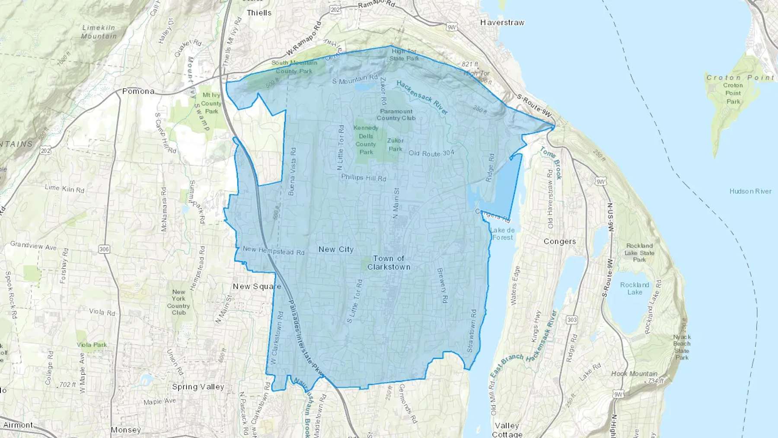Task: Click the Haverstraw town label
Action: pyautogui.click(x=502, y=22)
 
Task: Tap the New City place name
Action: pyautogui.click(x=336, y=249)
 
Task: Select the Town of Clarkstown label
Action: pyautogui.click(x=389, y=263)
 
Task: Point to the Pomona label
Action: pyautogui.click(x=138, y=91)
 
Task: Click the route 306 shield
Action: pyautogui.click(x=104, y=249)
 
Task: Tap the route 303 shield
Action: pyautogui.click(x=572, y=320)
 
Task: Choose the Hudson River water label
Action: pyautogui.click(x=750, y=191)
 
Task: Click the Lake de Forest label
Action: pyautogui.click(x=503, y=234)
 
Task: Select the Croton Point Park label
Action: pyautogui.click(x=733, y=93)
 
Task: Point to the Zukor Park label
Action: pyautogui.click(x=395, y=144)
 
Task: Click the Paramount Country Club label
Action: pyautogui.click(x=396, y=115)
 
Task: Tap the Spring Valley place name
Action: pyautogui.click(x=198, y=387)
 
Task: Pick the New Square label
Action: pyautogui.click(x=257, y=286)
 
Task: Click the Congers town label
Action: pyautogui.click(x=560, y=241)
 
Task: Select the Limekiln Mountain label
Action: pyautogui.click(x=99, y=32)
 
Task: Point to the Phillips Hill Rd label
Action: pyautogui.click(x=363, y=178)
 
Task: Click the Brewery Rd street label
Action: pyautogui.click(x=442, y=286)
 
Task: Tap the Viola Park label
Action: pyautogui.click(x=92, y=345)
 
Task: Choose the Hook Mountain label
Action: pyautogui.click(x=634, y=374)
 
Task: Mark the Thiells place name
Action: pyautogui.click(x=259, y=13)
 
